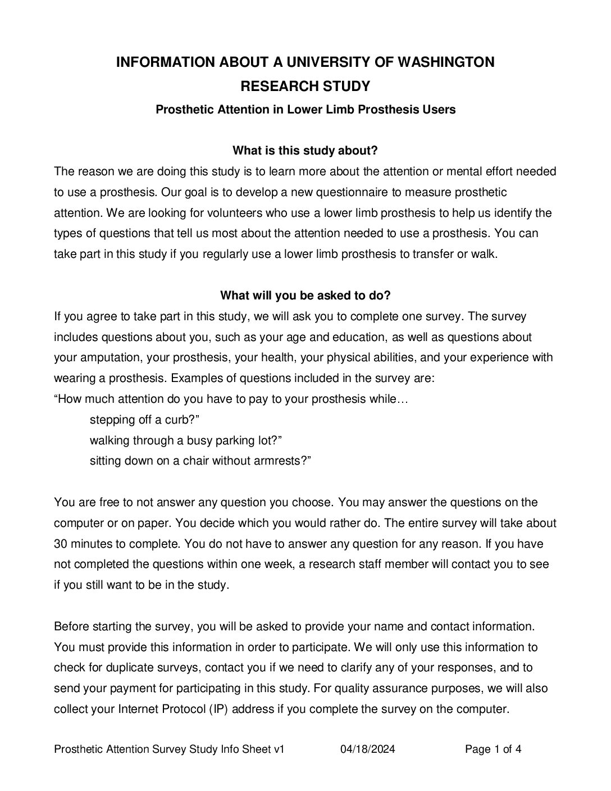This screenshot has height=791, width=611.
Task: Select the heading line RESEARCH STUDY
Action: pos(305,87)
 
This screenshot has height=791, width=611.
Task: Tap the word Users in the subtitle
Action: pos(440,110)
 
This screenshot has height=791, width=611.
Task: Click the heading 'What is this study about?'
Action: pos(305,151)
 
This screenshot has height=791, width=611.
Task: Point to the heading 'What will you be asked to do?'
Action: pos(305,296)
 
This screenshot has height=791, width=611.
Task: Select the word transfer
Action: pos(433,254)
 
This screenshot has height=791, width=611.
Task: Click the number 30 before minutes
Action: pos(61,544)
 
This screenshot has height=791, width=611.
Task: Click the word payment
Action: pos(151,688)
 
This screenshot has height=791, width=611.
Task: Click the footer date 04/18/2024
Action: pos(368,749)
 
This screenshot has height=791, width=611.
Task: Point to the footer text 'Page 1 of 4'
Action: pos(494,749)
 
